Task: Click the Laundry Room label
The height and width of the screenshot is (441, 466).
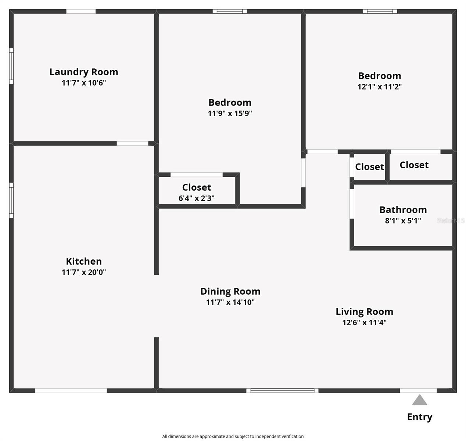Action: [x=84, y=72]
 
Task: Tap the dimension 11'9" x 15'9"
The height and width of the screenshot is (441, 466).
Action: [x=230, y=113]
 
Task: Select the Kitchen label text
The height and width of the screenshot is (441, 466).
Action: [x=84, y=261]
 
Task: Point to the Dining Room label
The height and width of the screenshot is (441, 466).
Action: [x=230, y=291]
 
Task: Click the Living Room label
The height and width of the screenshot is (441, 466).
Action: [x=364, y=312]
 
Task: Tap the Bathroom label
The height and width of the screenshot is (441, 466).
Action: [x=403, y=210]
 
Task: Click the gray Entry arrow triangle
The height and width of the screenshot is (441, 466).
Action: [x=419, y=400]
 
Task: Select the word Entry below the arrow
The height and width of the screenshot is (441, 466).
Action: [x=419, y=417]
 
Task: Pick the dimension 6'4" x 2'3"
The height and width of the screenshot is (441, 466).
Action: [x=196, y=198]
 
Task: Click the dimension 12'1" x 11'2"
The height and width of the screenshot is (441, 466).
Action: [x=379, y=87]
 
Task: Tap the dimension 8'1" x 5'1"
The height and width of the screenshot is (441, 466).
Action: [x=403, y=221]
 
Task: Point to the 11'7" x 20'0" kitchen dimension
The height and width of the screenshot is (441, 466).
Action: [x=84, y=272]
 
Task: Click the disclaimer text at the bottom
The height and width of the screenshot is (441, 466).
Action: [x=233, y=436]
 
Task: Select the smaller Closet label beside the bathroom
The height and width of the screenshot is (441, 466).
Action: [x=369, y=167]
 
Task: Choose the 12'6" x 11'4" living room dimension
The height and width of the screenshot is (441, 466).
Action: [x=364, y=323]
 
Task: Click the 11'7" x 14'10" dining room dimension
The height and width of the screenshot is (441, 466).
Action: [x=230, y=302]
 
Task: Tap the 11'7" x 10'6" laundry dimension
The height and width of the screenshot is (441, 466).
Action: [x=84, y=83]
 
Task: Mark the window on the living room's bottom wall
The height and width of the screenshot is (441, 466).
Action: [x=282, y=391]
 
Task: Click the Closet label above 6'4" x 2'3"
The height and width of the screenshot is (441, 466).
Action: [x=197, y=187]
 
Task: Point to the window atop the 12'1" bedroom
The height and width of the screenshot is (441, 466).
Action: [x=380, y=11]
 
